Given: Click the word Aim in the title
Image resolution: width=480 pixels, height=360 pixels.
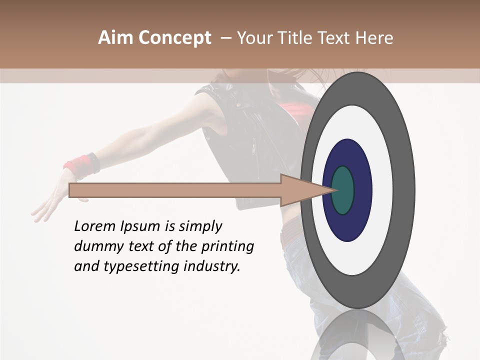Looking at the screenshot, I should pyautogui.click(x=115, y=38).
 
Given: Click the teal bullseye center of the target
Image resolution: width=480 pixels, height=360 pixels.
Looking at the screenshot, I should pyautogui.click(x=343, y=190).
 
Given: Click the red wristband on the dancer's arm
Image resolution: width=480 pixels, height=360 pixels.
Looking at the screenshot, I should pyautogui.click(x=78, y=165).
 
